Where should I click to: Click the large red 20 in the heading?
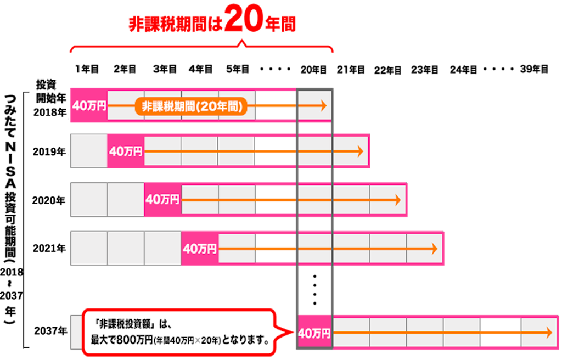245,21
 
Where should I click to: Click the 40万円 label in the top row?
88,105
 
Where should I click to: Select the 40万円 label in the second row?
126,151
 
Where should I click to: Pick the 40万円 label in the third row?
162,200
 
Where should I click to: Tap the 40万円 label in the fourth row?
199,249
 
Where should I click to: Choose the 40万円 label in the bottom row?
314,333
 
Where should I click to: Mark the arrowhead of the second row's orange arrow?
361,151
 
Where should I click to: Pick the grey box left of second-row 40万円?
89,150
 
